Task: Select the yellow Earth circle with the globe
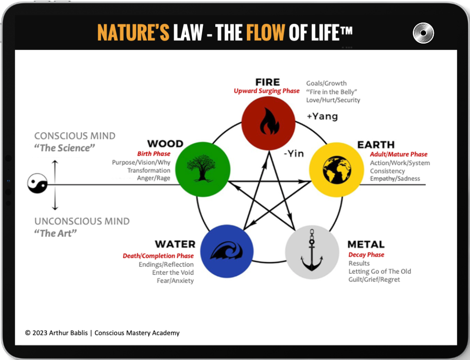coord(336,169)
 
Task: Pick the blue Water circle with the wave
coord(227,251)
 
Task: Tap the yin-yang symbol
coord(37,183)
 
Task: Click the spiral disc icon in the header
coord(423,33)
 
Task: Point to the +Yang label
coord(322,117)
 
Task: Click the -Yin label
coord(294,154)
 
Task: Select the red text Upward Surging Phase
coord(267,91)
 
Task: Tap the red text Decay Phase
coord(366,255)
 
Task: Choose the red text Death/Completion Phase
coord(158,256)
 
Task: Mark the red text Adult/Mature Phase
coord(399,154)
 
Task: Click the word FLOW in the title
coord(265,32)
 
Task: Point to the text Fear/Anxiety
coord(175,281)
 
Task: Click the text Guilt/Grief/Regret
coord(374,280)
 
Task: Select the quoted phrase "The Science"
coord(64,148)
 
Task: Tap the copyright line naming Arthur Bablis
coord(102,333)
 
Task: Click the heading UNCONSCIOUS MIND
coord(82,221)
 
